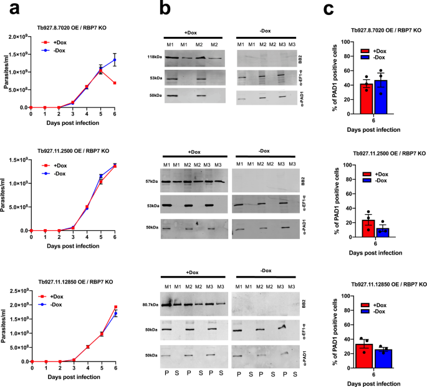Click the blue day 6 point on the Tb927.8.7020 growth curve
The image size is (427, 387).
pyautogui.click(x=113, y=61)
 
